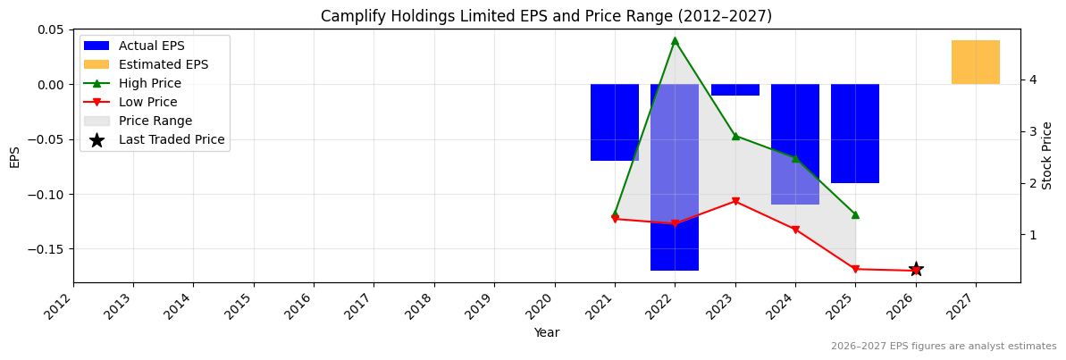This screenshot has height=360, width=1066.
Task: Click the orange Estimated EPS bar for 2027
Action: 975,63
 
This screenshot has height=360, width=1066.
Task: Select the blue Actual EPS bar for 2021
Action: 615,122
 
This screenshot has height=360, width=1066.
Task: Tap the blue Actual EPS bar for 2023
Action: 735,89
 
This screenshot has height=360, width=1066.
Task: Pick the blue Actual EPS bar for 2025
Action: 855,133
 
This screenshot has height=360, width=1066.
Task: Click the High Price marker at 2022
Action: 675,40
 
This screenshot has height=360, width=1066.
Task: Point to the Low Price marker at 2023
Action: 735,201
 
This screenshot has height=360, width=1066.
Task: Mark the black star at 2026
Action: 916,270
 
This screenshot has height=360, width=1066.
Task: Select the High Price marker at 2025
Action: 855,214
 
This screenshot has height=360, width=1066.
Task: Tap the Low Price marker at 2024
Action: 795,230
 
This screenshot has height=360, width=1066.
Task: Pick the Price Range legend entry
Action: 155,121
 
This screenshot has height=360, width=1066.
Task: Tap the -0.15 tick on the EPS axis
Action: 47,249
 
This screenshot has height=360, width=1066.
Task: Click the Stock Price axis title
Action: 1047,155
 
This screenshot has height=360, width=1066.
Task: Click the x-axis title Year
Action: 546,333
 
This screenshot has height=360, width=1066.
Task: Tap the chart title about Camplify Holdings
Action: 546,16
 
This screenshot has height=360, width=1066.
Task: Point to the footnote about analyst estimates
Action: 943,347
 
